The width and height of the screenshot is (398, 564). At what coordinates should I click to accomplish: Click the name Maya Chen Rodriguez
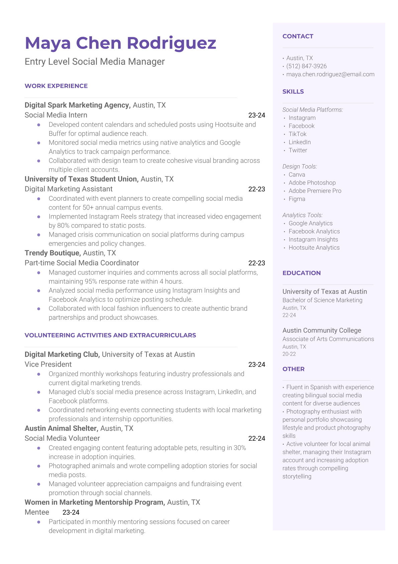pos(120,43)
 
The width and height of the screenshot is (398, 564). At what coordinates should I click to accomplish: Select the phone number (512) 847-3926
pos(306,66)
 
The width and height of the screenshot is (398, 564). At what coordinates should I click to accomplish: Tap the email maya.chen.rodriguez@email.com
pos(330,74)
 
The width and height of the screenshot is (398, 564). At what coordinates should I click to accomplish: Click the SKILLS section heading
pos(293,91)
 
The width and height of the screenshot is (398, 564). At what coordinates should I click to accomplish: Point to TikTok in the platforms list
pos(297,134)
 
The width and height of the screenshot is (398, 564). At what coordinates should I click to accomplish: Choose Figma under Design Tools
pos(297,199)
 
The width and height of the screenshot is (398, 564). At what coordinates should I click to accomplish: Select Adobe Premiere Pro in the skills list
pos(315,191)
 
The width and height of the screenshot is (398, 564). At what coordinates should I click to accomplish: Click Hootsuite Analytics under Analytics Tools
pos(314,248)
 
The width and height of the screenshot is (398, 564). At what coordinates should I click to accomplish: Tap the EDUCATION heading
pos(301,273)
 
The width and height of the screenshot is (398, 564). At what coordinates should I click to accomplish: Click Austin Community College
pos(321,330)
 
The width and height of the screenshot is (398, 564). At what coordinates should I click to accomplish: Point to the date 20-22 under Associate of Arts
pos(289,354)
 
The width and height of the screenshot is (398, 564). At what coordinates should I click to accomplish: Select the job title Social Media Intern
pos(56,115)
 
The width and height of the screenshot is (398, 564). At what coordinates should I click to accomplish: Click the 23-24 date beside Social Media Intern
pos(257,115)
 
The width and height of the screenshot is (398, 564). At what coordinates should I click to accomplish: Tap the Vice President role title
pos(48,365)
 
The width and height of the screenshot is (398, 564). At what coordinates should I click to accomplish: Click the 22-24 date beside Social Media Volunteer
pos(257,439)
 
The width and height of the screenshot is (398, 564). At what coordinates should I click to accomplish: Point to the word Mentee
pos(37,512)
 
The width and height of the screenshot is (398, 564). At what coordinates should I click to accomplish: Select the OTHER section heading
pos(293,369)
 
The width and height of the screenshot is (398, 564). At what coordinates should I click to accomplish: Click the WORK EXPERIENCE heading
pos(56,86)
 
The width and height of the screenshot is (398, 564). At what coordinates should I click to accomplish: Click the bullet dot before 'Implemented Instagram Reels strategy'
pos(39,217)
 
